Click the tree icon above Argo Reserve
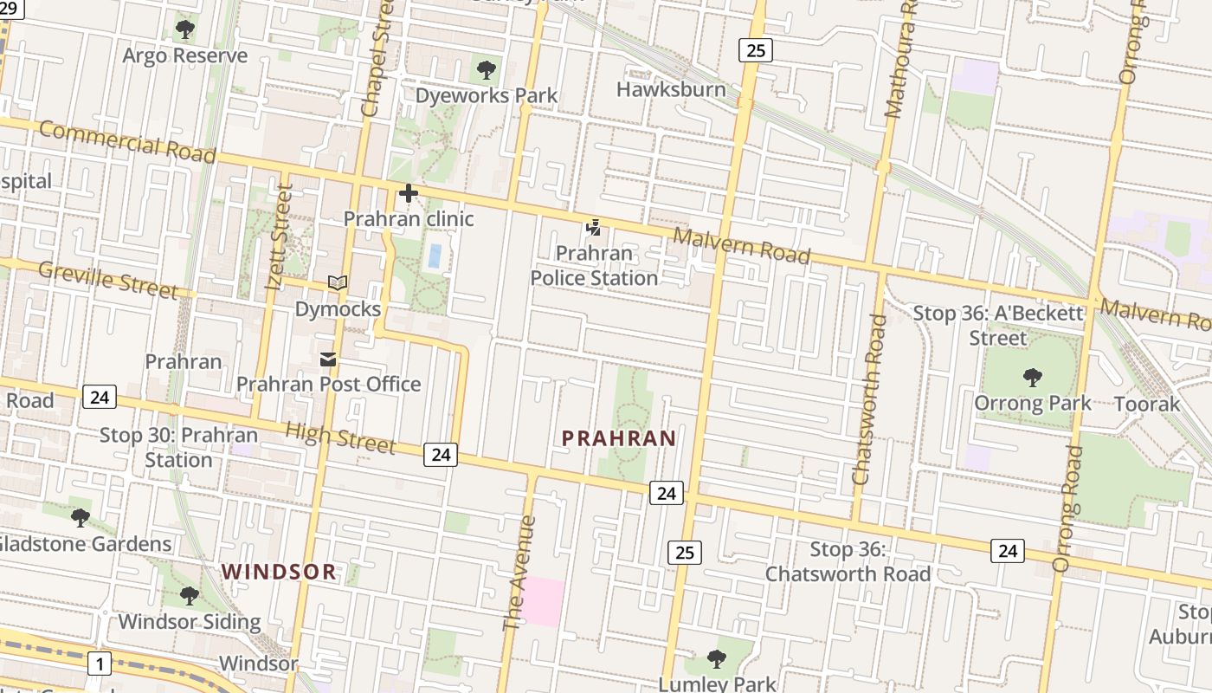184,29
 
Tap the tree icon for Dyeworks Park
487,69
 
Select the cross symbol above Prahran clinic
409,193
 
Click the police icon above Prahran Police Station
594,228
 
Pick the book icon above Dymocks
338,283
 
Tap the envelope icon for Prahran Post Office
328,359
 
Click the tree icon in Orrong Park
1032,377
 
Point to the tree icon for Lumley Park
716,659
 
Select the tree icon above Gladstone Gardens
81,518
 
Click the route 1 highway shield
100,664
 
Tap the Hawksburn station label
671,89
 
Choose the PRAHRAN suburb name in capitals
619,438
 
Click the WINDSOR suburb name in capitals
279,572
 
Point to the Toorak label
1147,404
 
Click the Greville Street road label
107,280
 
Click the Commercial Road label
126,142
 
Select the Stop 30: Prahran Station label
178,447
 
